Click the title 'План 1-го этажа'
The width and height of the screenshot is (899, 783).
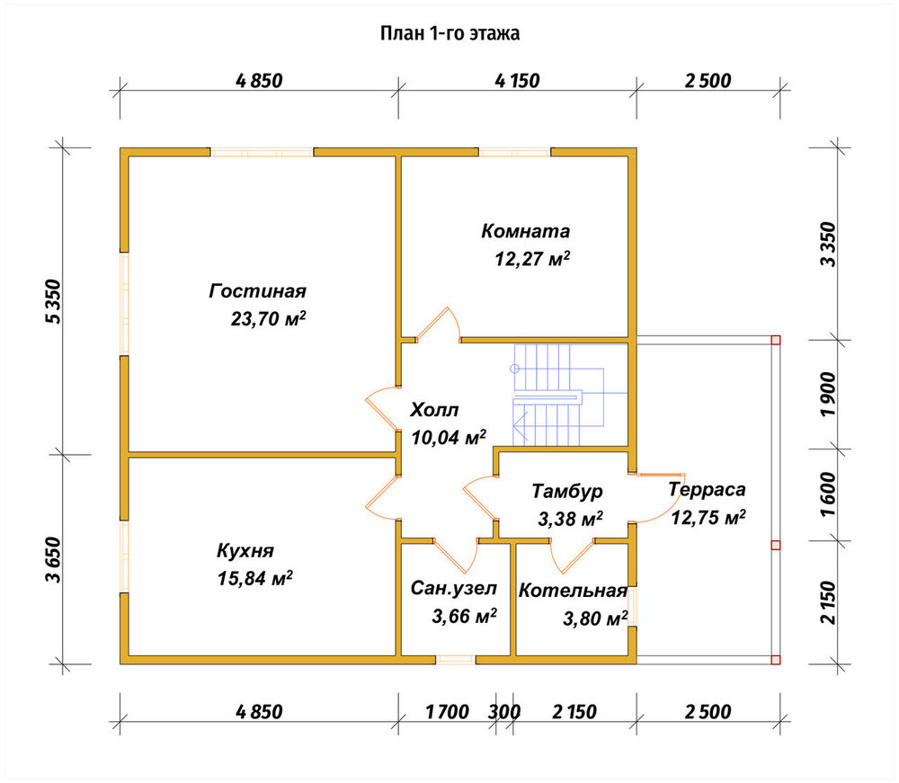coord(450,33)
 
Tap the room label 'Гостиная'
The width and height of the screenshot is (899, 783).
coord(257,291)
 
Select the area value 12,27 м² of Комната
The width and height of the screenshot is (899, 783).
coord(532,259)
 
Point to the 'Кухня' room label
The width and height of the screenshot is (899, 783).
coord(245,551)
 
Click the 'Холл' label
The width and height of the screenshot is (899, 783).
coord(434,410)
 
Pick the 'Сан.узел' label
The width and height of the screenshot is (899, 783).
coord(453,589)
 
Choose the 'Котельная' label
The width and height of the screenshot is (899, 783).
coord(573,591)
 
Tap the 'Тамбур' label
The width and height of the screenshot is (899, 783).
coord(567,491)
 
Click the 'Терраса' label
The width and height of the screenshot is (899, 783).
coord(707,490)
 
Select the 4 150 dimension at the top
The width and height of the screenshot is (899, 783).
coord(517,81)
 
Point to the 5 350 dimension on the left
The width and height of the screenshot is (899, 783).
coord(53,301)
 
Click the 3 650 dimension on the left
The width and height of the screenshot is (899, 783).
coord(53,559)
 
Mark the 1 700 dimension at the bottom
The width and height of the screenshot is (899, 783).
coord(447,712)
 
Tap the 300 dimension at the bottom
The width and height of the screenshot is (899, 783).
coord(504,712)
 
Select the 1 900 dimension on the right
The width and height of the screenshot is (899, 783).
coord(829,395)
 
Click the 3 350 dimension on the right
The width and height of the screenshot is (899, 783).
coord(829,245)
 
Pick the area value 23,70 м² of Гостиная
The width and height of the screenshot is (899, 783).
coord(268,318)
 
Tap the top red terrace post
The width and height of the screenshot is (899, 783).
coord(776,340)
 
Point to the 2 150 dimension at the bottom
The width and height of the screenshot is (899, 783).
coord(574,712)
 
